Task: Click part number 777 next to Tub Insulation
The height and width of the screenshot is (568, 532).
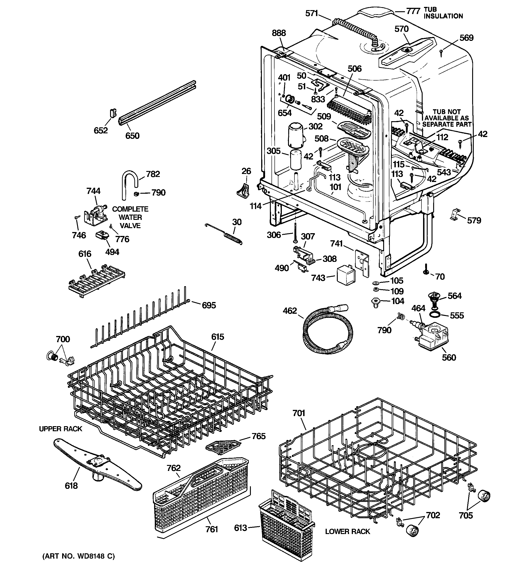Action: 413,11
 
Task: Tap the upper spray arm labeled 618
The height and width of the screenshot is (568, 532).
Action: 97,464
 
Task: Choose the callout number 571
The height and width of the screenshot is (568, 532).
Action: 312,14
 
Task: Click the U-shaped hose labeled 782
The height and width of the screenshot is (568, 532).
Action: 129,183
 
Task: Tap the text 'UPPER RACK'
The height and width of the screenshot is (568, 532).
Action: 61,429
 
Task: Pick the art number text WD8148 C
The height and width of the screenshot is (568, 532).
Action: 78,556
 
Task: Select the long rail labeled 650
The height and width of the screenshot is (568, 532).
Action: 157,103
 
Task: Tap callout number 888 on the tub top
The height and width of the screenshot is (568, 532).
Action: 279,33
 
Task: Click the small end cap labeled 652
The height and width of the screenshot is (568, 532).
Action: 113,113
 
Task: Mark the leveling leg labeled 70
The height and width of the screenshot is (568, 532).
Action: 426,270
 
